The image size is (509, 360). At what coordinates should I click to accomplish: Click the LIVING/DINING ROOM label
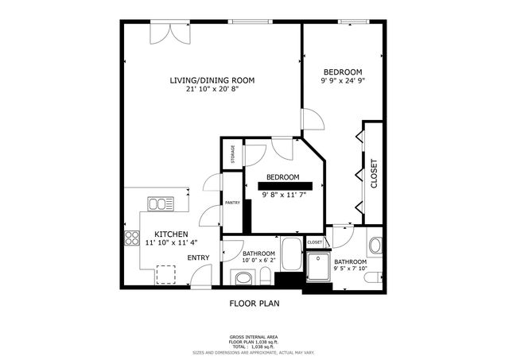click(212, 79)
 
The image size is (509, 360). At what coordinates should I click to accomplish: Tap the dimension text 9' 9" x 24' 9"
click(341, 80)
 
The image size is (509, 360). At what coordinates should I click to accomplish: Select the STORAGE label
click(232, 153)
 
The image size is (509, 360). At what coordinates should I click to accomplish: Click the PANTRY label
click(232, 203)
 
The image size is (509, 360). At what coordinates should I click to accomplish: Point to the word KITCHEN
click(171, 234)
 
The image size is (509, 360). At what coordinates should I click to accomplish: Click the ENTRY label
click(198, 257)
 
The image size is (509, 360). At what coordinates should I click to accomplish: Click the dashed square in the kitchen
click(166, 274)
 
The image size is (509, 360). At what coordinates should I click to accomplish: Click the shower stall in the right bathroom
click(319, 268)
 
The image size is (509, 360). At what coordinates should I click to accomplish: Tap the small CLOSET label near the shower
click(315, 242)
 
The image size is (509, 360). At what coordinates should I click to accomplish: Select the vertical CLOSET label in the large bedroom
click(373, 174)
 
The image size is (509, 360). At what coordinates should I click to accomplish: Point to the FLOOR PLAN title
click(254, 303)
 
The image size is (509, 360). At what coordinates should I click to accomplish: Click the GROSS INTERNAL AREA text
click(254, 337)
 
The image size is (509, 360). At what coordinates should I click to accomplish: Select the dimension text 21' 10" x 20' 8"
click(212, 89)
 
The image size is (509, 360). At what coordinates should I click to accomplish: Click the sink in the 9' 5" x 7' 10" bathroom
click(375, 245)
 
